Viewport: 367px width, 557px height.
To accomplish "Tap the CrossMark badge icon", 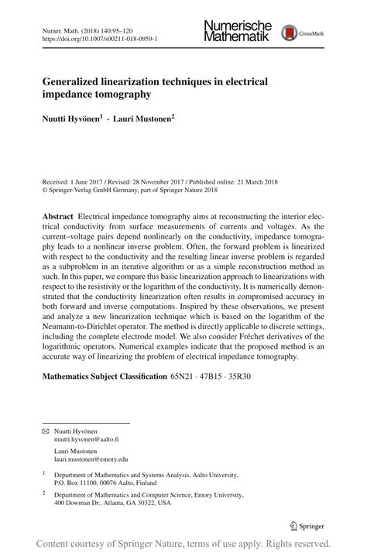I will point(291,33).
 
